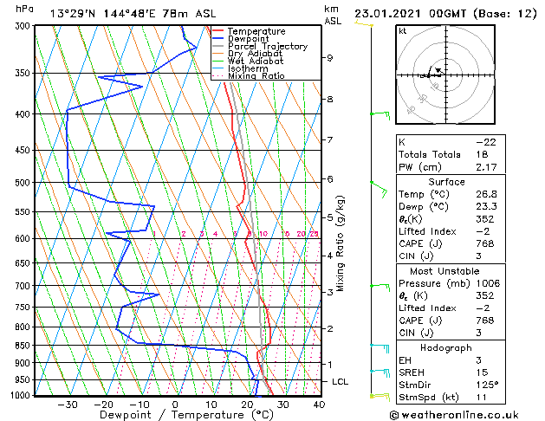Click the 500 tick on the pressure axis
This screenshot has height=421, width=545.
23,183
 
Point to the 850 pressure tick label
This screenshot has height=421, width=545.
23,346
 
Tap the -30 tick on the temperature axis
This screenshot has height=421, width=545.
67,404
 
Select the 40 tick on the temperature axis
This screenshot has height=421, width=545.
319,404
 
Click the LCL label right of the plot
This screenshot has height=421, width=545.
342,382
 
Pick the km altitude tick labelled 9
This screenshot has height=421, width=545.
330,58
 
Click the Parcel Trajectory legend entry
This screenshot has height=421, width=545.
267,46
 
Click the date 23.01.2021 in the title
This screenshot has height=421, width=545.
392,14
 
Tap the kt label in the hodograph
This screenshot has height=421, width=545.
402,31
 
